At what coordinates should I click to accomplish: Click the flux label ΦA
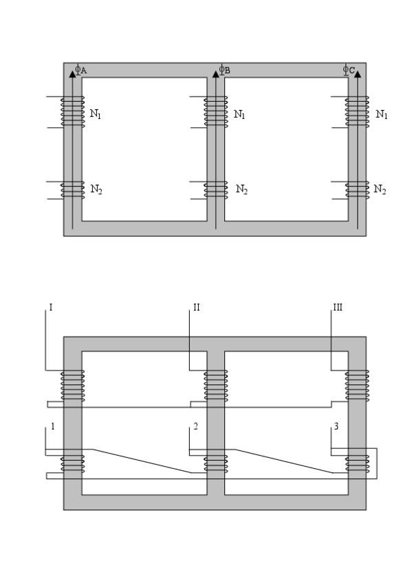81,69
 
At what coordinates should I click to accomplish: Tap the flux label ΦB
224,69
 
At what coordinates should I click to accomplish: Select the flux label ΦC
349,69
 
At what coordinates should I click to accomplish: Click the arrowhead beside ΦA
72,74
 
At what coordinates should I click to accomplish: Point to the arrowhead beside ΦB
216,74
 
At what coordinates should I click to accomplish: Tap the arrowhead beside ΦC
358,74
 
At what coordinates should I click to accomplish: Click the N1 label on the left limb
96,114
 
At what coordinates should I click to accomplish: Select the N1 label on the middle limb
239,114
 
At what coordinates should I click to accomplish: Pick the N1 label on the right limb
382,114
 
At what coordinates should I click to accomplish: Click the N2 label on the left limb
96,190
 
